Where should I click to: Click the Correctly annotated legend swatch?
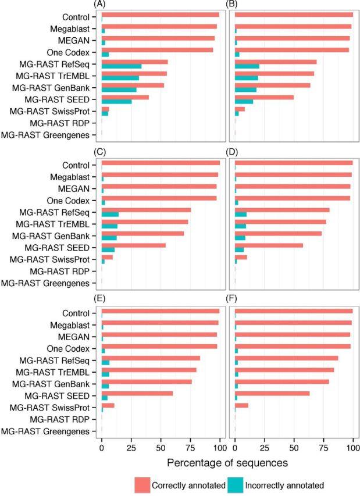coord(142,484)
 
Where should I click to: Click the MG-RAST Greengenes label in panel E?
coord(49,431)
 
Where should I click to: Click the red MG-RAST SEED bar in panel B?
coord(264,97)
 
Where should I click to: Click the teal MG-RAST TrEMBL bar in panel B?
coord(246,77)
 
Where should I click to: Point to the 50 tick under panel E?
coord(161,448)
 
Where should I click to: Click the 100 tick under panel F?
coord(352,448)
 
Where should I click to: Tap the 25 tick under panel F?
coord(264,448)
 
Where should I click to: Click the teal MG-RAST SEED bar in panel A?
coord(116,102)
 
